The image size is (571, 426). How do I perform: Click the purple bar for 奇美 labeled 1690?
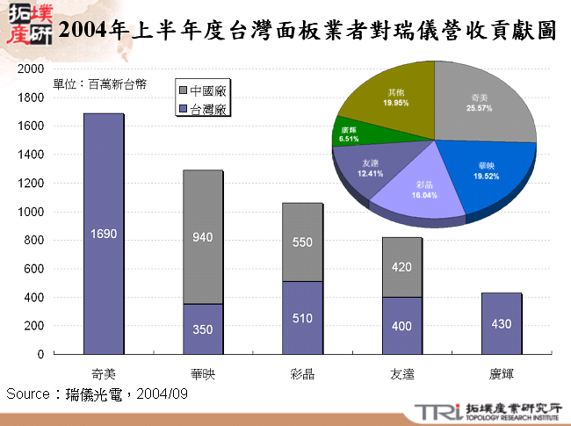click(x=104, y=234)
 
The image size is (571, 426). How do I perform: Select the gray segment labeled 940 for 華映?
click(x=203, y=236)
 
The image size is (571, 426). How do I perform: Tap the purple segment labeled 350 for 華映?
click(x=203, y=329)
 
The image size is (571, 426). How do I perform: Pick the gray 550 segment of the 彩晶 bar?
click(x=302, y=242)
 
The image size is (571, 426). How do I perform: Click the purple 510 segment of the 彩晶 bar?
click(x=302, y=318)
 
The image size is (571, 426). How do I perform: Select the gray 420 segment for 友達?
click(x=402, y=267)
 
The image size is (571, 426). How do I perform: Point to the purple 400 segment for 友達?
click(x=402, y=326)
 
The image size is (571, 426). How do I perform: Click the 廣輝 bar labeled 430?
click(x=502, y=323)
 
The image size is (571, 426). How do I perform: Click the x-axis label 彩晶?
click(x=302, y=373)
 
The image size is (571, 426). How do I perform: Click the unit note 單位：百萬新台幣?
click(x=100, y=85)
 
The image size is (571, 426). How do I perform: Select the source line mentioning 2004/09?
click(x=97, y=394)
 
